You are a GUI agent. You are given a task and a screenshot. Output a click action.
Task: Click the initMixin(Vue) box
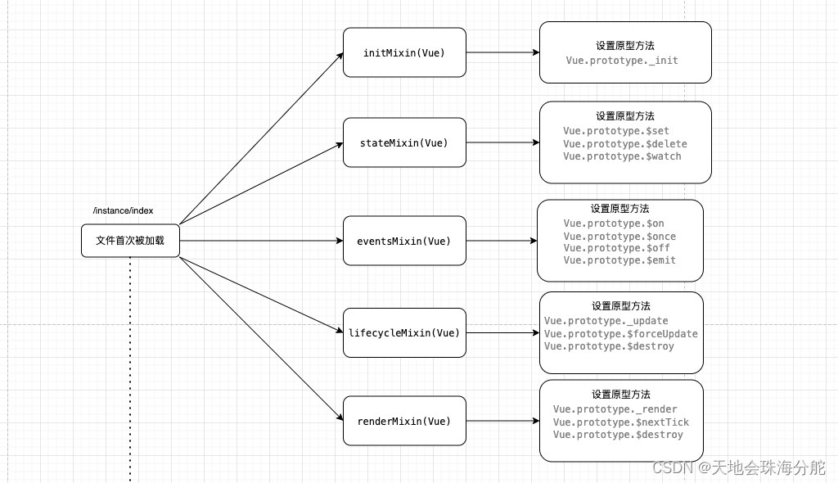404,52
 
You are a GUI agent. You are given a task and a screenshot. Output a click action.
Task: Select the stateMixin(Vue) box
404,142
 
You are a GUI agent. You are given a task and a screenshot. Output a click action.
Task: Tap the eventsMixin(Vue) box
404,241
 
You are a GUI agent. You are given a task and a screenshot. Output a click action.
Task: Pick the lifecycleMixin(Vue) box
404,332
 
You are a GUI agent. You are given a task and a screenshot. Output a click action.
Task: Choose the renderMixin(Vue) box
404,421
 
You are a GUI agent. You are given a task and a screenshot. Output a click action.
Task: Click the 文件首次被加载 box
130,241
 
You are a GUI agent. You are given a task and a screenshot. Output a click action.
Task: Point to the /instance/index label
123,210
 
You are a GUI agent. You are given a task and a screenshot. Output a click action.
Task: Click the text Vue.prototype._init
622,61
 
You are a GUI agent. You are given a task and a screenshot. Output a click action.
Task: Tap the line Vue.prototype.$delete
625,144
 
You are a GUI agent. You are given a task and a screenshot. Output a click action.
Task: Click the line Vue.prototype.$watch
622,156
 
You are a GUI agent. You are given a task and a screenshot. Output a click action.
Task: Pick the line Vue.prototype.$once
619,236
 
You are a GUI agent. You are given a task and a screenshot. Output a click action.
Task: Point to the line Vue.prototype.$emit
619,260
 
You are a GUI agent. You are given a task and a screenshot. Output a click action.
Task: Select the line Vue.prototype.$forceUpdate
621,333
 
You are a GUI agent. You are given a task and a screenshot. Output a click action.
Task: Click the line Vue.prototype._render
615,409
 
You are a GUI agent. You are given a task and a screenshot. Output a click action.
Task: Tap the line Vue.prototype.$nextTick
621,422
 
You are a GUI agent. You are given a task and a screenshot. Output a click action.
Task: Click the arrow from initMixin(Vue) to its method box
502,52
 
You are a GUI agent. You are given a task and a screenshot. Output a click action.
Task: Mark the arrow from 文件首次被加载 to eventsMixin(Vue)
260,241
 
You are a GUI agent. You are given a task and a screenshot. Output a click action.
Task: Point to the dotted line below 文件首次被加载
130,368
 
